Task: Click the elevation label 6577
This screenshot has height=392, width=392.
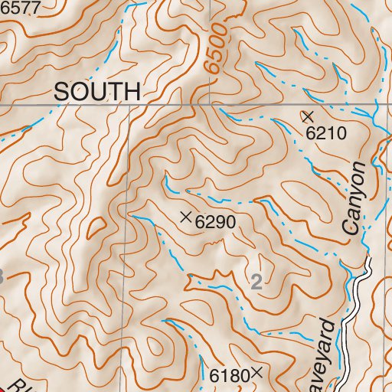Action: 18,5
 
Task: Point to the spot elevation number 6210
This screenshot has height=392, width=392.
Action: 327,133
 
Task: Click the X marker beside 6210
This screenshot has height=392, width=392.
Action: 308,116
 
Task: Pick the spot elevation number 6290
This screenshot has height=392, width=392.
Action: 214,223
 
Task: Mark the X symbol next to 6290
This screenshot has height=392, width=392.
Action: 185,217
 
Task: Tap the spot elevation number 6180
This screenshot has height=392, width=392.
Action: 229,376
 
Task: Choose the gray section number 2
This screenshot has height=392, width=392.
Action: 256,282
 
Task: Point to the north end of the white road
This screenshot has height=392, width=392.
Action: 367,260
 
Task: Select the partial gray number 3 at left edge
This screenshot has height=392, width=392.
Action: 2,277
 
